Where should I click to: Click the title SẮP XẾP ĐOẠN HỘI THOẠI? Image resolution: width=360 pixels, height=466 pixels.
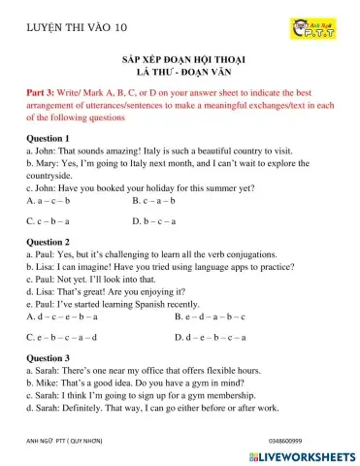pyautogui.click(x=180, y=59)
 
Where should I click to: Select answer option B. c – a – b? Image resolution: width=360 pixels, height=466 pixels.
pyautogui.click(x=155, y=201)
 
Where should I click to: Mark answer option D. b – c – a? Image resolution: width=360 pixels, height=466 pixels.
pyautogui.click(x=155, y=221)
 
